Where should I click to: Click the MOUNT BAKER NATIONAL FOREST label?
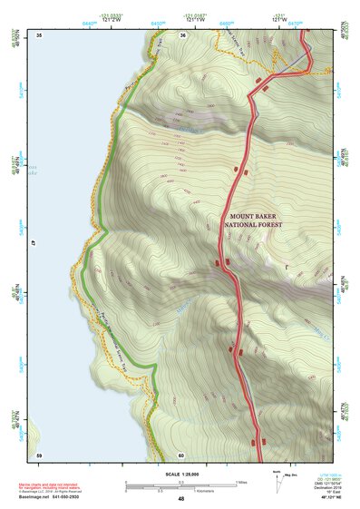256,220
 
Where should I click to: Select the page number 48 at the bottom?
180,500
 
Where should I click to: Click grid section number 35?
39,34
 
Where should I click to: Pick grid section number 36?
182,34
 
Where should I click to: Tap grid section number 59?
39,454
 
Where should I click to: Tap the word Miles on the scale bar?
243,481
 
